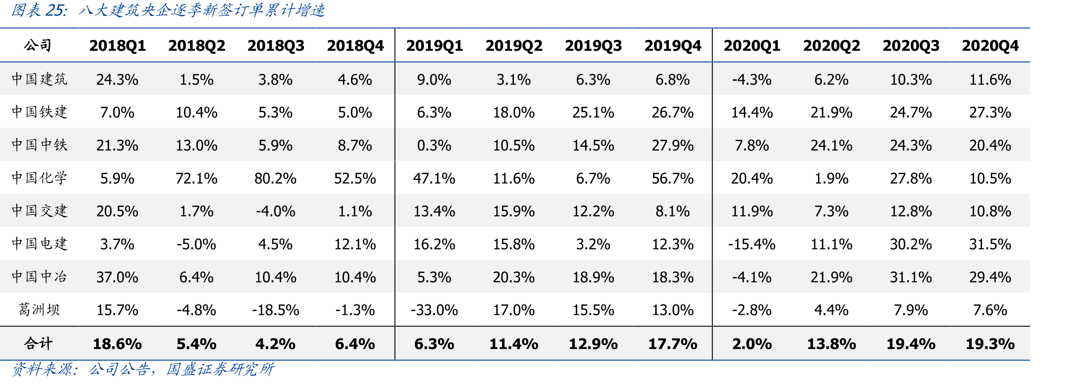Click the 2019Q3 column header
[593, 46]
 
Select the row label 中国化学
[40, 178]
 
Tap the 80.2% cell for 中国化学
[275, 179]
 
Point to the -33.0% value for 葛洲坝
[434, 310]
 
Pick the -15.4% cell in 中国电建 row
[751, 244]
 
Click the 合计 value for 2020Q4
[990, 344]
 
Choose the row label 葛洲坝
[40, 310]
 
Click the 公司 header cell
[38, 45]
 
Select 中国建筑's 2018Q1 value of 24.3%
[117, 79]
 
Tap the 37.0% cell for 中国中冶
[117, 277]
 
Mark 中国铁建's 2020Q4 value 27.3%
[990, 113]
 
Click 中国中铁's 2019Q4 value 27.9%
[672, 146]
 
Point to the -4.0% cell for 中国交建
[275, 212]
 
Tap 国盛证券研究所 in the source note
[220, 369]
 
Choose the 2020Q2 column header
[831, 46]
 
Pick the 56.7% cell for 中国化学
[672, 179]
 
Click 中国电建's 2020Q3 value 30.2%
[910, 244]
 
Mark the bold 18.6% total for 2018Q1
[117, 344]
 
